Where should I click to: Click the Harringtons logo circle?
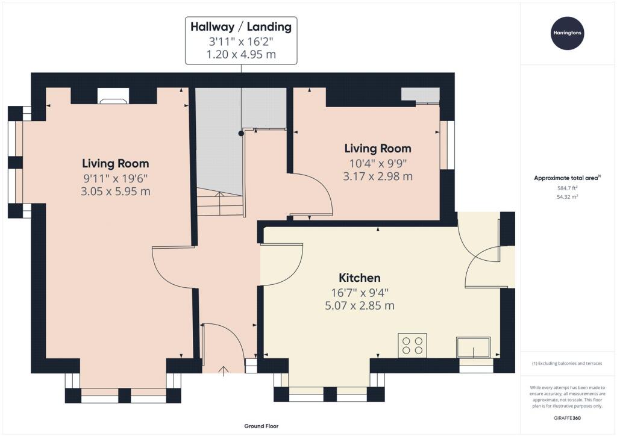click(567, 33)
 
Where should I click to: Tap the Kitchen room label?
click(360, 278)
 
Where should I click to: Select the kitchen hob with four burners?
click(412, 346)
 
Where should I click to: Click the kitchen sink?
click(474, 347)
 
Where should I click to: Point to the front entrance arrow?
click(224, 371)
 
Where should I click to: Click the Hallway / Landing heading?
click(241, 26)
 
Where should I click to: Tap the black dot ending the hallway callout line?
click(241, 133)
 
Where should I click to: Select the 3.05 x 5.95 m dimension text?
click(115, 192)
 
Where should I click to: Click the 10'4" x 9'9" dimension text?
click(378, 163)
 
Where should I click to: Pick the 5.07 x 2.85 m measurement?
click(360, 305)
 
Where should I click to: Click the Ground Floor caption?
click(262, 426)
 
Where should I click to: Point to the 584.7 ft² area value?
click(568, 188)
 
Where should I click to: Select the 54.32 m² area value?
click(568, 197)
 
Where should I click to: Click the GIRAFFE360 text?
click(567, 418)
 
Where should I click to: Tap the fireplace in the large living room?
click(113, 96)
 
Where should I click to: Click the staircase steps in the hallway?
click(219, 202)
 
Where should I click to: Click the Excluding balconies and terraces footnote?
click(567, 363)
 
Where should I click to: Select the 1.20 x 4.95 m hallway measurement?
click(241, 54)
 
